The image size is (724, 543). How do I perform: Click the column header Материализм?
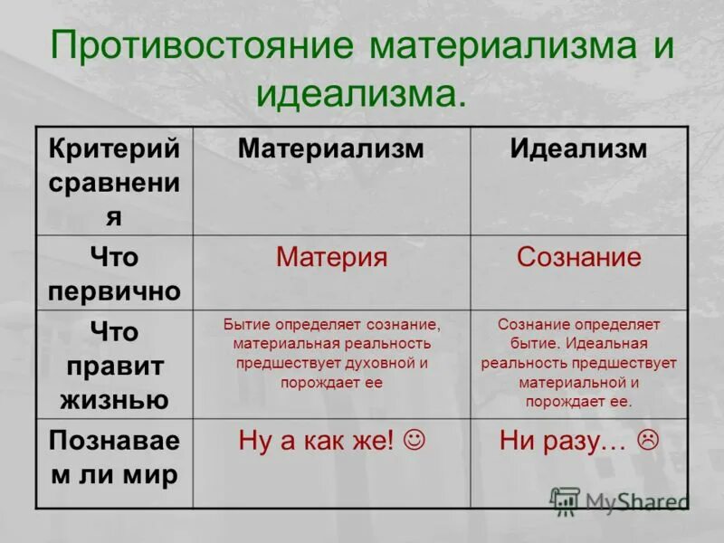click(x=330, y=148)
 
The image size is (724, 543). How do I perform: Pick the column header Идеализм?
click(x=578, y=148)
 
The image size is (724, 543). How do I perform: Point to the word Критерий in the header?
click(x=114, y=148)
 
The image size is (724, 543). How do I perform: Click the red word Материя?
click(x=331, y=257)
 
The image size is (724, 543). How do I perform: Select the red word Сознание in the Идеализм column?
click(x=578, y=257)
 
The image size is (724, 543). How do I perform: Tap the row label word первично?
click(x=114, y=291)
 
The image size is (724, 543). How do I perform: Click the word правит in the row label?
click(x=114, y=367)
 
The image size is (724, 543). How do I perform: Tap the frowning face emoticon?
click(x=647, y=441)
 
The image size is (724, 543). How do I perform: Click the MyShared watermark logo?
click(x=619, y=500)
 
